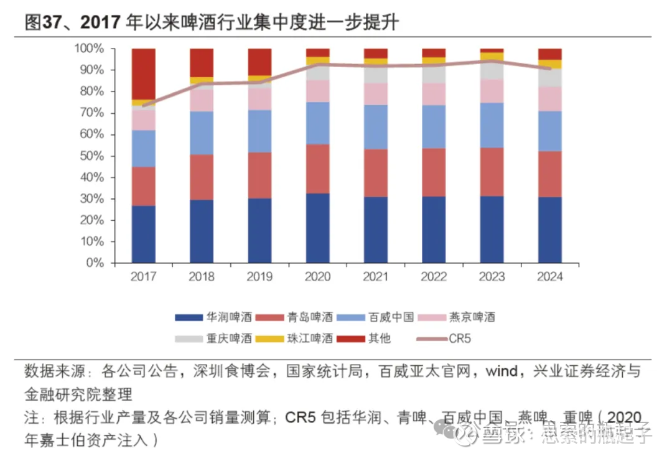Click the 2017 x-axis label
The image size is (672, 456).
point(144,277)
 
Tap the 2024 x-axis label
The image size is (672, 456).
point(549,277)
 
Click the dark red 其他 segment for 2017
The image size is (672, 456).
point(144,73)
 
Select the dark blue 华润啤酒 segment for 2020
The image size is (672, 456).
point(317,228)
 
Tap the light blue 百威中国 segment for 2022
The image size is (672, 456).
point(434,126)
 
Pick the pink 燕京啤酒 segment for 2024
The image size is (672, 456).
point(549,98)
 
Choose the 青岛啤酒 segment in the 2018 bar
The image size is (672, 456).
point(202,177)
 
